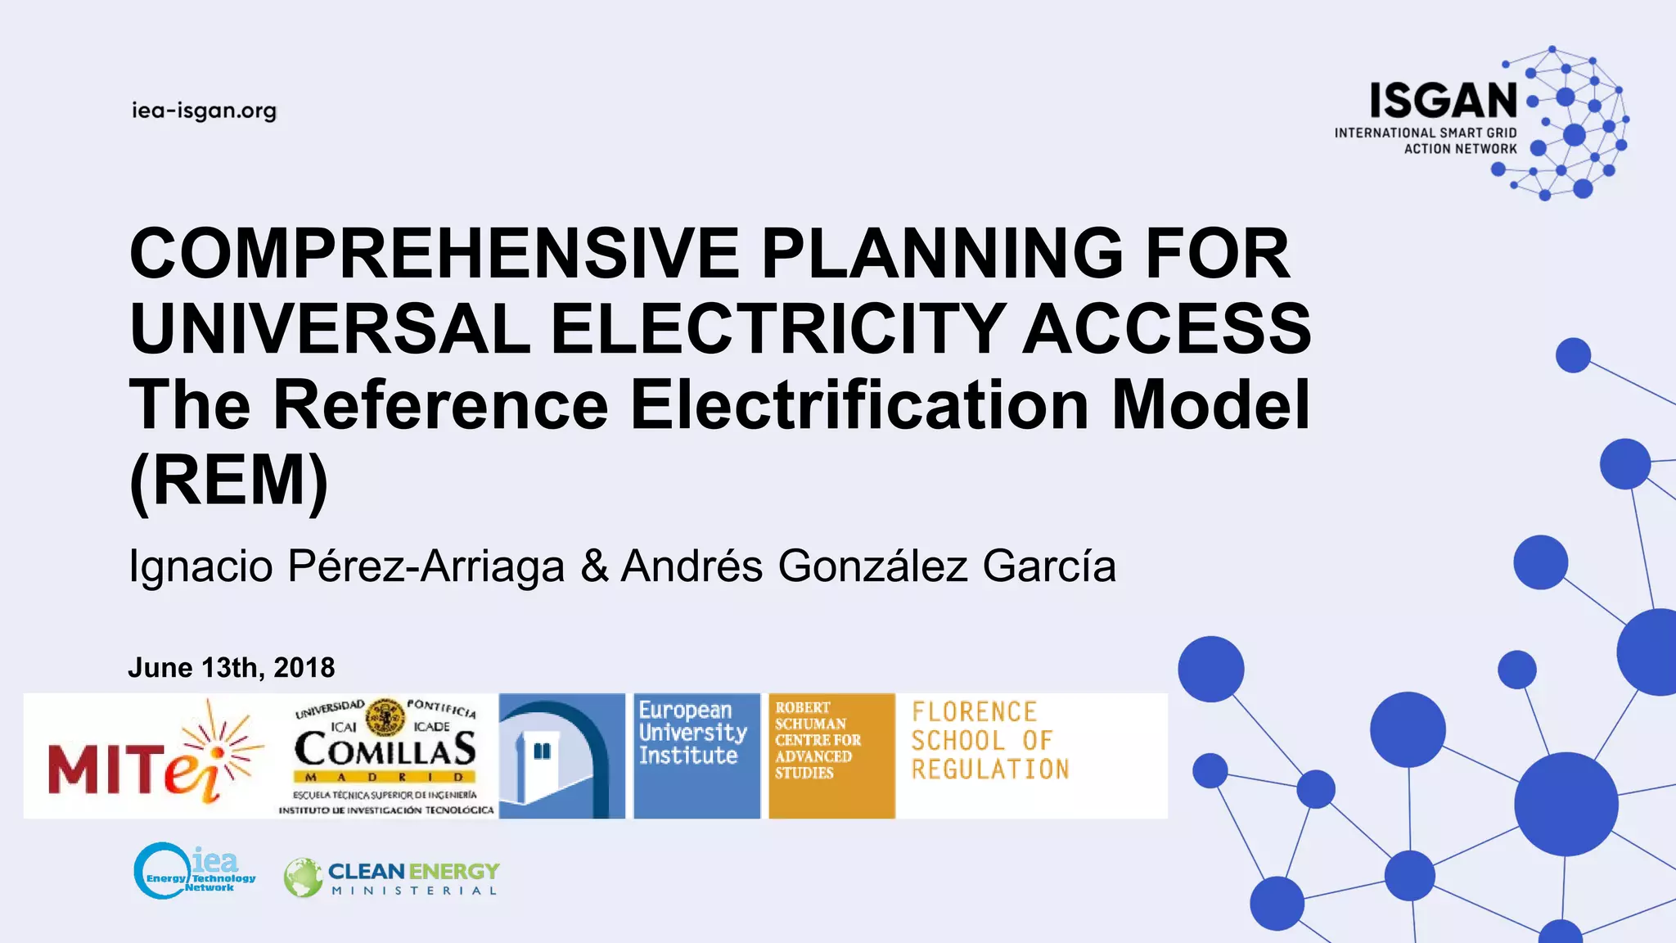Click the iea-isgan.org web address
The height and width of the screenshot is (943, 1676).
[x=204, y=111]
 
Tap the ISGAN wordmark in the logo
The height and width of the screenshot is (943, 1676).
[x=1444, y=102]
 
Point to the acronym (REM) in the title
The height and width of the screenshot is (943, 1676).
[x=229, y=481]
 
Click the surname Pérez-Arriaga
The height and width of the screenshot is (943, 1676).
[x=426, y=566]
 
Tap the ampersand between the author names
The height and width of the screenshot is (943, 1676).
[x=594, y=566]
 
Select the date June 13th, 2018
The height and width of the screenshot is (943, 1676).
[x=232, y=668]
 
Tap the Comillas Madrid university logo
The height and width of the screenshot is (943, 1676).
[x=385, y=756]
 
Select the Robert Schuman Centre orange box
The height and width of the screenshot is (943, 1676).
[x=831, y=755]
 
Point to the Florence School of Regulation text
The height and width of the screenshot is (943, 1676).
[x=990, y=740]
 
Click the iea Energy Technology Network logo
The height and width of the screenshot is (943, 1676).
[x=195, y=871]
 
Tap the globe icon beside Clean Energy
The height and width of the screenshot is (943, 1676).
[x=303, y=878]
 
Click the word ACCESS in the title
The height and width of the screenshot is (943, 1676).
[x=1167, y=328]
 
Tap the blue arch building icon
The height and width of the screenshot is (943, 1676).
[x=562, y=756]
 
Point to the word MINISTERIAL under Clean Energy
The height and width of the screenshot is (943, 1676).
[x=414, y=891]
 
